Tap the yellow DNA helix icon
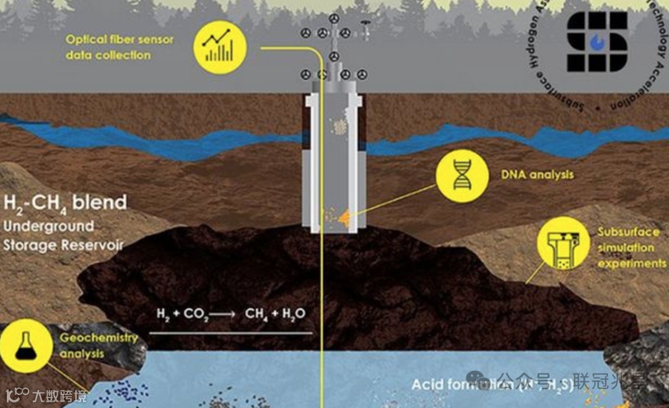pos(462,175)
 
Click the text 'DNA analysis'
pos(537,175)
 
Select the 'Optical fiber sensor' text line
pos(120,40)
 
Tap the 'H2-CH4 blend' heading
pos(65,202)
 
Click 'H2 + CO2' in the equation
pos(177,314)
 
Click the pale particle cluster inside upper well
pos(339,127)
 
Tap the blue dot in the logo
pos(598,42)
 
